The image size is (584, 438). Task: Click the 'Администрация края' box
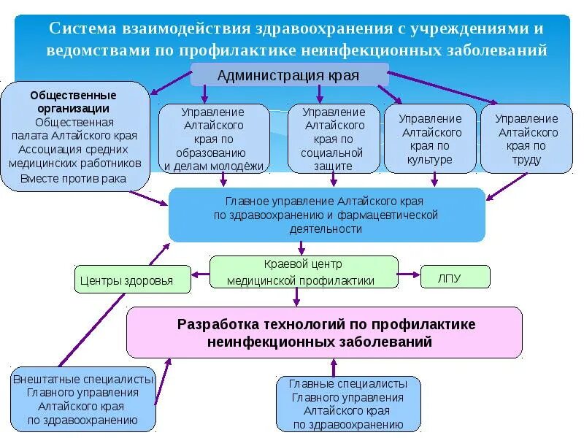point(288,74)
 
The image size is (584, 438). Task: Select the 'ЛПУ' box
point(455,277)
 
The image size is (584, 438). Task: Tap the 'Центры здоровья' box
point(132,280)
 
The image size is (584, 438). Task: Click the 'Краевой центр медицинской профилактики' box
point(303,272)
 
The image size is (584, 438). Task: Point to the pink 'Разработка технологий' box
point(325,332)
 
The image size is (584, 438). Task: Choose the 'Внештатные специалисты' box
point(82,399)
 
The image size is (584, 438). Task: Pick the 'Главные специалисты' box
point(348,404)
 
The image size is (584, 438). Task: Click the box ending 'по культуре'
point(430,139)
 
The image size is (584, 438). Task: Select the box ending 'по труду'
point(526,139)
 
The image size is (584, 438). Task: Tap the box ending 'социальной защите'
point(333,139)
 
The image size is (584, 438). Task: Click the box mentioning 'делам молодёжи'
point(214,139)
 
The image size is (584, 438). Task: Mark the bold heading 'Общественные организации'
point(73,101)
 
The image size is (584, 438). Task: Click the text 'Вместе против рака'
point(73,178)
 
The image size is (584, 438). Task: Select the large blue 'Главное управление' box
point(326,215)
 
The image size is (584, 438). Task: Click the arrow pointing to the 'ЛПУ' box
point(409,277)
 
